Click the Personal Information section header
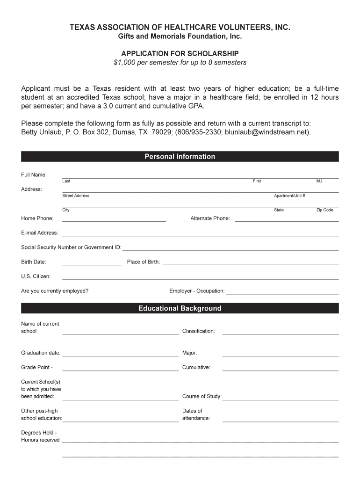pyautogui.click(x=180, y=157)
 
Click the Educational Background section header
pyautogui.click(x=180, y=308)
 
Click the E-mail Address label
pyautogui.click(x=40, y=233)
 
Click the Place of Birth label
pyautogui.click(x=144, y=262)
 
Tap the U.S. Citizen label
pyautogui.click(x=36, y=276)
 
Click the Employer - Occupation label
pyautogui.click(x=197, y=291)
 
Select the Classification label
pyautogui.click(x=199, y=331)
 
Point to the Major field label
pyautogui.click(x=189, y=353)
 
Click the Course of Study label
pyautogui.click(x=202, y=397)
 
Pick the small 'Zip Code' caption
pyautogui.click(x=324, y=210)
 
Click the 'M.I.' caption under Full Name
pyautogui.click(x=320, y=181)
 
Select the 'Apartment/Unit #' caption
pyautogui.click(x=289, y=196)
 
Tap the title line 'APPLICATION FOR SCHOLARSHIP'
pyautogui.click(x=180, y=53)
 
